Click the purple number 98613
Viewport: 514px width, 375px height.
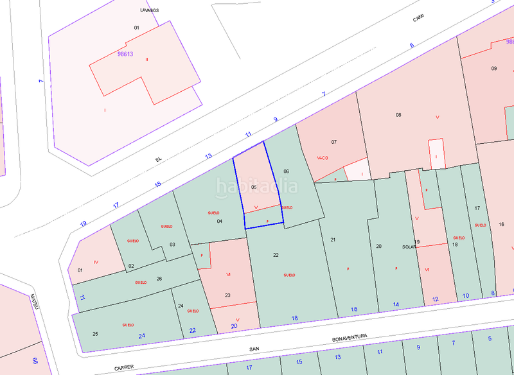[125, 54]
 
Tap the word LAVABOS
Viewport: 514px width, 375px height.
[149, 10]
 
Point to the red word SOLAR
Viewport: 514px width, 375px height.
[409, 247]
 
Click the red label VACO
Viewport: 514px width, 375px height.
[323, 157]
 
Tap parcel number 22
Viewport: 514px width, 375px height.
[276, 255]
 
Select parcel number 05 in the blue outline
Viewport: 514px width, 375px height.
[254, 187]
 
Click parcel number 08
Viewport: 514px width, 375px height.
[398, 115]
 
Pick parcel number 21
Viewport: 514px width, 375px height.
[333, 240]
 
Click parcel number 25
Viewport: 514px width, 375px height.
[95, 334]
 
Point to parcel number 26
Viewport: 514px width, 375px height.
[159, 278]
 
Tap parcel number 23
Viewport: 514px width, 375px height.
[227, 295]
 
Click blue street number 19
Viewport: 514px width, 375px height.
[84, 223]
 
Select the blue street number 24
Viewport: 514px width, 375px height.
[141, 335]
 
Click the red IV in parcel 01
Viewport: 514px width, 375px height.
[96, 261]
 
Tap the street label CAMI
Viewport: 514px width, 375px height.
[418, 19]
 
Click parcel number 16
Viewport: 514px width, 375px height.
[501, 224]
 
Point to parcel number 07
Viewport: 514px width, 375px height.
[333, 141]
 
